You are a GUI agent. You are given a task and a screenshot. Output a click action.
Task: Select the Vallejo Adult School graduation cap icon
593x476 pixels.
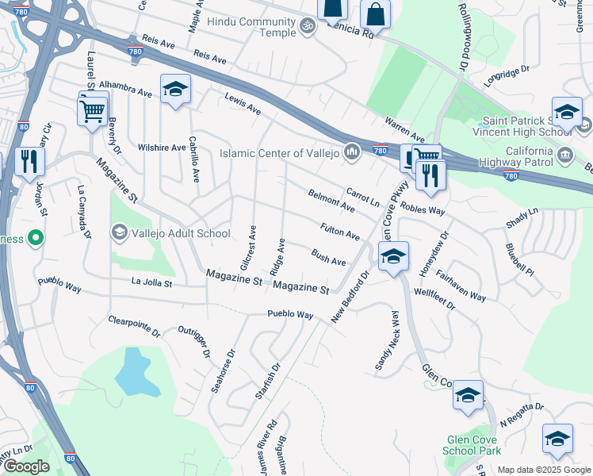(119, 232)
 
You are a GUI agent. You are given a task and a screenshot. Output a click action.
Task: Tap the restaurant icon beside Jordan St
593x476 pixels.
(29, 161)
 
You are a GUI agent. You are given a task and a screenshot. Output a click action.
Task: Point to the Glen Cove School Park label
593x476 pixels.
(474, 445)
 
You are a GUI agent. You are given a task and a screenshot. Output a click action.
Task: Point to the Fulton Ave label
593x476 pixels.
(340, 232)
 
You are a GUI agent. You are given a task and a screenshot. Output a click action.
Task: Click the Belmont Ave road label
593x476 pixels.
(331, 201)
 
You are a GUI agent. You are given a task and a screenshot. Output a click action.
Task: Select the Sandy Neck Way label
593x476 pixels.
(385, 340)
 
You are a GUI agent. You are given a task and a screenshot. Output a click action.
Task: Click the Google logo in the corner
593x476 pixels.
(26, 466)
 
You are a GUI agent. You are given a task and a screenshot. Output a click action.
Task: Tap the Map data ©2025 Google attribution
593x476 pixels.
(543, 470)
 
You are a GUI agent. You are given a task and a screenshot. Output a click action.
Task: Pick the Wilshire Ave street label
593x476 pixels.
(161, 148)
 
